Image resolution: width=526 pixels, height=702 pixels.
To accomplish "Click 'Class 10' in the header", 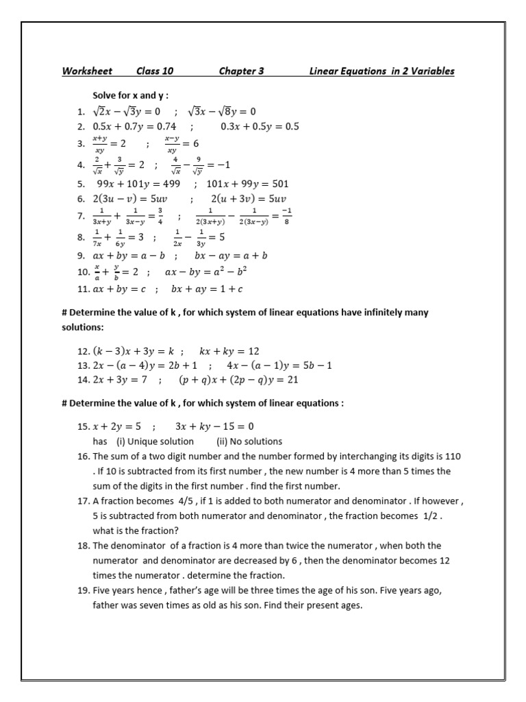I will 155,71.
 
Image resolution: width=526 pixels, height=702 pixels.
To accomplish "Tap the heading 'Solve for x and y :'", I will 130,96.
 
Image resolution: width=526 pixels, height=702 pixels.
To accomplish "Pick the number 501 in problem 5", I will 277,184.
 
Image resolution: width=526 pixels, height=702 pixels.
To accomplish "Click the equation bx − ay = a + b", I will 231,256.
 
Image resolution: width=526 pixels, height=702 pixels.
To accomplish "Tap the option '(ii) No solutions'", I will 249,441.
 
